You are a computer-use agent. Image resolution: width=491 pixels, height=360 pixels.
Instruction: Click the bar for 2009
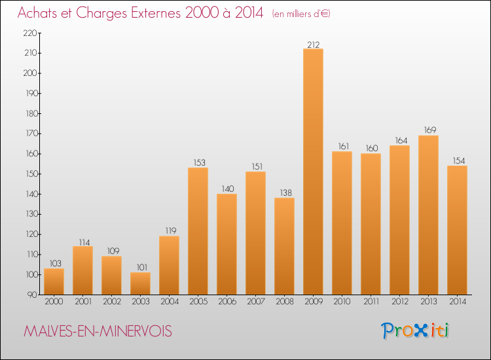click(313, 171)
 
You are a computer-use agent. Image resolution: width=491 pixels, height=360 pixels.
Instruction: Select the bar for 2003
click(140, 283)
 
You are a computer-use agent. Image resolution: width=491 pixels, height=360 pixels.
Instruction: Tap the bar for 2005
click(198, 231)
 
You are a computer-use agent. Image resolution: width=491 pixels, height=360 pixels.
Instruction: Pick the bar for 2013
click(428, 215)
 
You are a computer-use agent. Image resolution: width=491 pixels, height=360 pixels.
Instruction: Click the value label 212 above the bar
click(313, 45)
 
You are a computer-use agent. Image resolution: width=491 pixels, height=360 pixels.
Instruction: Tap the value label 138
click(284, 194)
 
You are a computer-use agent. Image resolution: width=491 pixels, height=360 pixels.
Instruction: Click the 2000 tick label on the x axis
click(54, 301)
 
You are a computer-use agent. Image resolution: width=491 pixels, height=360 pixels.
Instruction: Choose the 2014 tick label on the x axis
click(457, 301)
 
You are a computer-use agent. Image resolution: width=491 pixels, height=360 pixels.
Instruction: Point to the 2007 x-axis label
click(255, 301)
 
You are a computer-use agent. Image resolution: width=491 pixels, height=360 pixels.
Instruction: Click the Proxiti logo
click(416, 331)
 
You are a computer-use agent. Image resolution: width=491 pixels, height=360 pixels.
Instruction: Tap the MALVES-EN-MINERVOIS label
click(98, 332)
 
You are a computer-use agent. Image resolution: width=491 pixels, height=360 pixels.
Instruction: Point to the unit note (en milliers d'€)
click(301, 14)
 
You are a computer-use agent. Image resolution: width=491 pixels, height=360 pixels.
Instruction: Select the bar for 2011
click(371, 224)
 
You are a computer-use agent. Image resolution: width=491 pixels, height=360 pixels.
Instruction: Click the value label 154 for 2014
click(457, 161)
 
